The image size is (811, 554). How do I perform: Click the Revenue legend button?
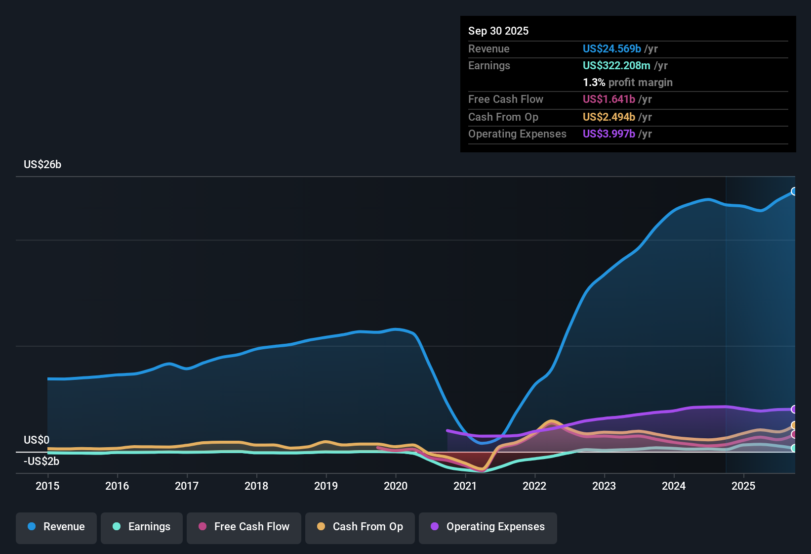(x=56, y=527)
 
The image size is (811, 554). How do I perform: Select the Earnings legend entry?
(x=142, y=527)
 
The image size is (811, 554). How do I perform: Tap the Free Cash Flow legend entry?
(x=244, y=527)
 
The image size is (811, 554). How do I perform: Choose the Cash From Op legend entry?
(x=360, y=527)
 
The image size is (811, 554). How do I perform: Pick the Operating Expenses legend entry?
(x=488, y=527)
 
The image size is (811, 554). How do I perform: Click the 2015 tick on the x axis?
(x=47, y=486)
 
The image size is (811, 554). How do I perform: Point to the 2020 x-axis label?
(x=396, y=486)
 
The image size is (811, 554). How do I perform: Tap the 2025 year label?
(x=743, y=486)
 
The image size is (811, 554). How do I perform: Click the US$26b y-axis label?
(x=42, y=165)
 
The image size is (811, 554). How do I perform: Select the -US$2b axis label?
(x=41, y=462)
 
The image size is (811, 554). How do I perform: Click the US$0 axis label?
(x=37, y=440)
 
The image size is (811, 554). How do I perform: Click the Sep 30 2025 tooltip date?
(x=498, y=31)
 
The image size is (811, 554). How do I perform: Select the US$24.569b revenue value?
(x=611, y=48)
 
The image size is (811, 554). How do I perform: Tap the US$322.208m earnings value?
(x=616, y=65)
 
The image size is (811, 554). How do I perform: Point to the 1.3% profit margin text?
(x=627, y=83)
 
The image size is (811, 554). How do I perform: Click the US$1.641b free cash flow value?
(x=608, y=99)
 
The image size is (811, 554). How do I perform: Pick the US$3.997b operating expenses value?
(x=608, y=134)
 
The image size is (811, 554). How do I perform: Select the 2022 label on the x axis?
(x=534, y=486)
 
